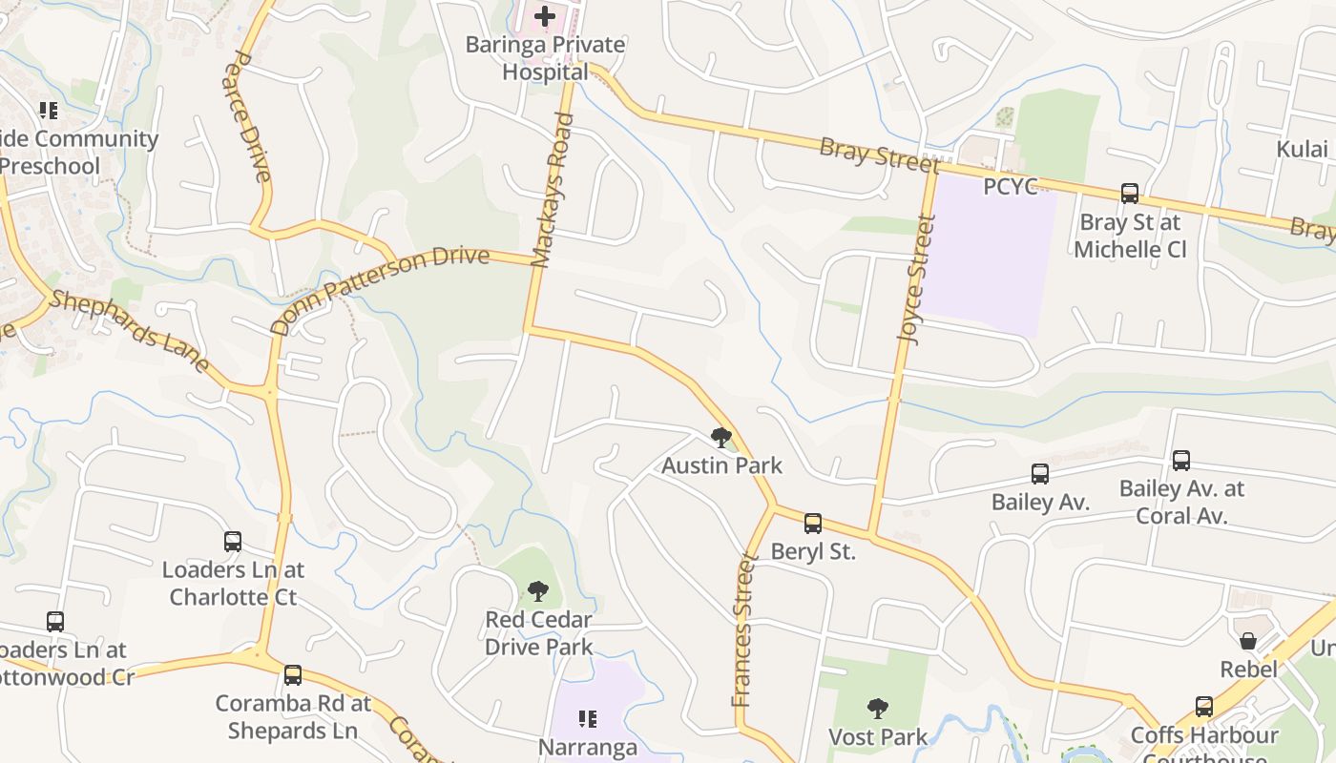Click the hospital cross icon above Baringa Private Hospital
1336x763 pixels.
pos(544,16)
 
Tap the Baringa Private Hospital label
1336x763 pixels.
pos(545,58)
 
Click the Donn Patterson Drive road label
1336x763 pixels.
pos(379,289)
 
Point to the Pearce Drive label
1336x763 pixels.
pos(248,115)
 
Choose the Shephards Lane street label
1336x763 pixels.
pos(129,330)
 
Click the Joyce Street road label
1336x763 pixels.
pos(915,279)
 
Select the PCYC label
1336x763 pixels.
pos(1010,186)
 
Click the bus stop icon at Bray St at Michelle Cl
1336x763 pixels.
pos(1130,194)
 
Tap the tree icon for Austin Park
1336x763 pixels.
pos(721,438)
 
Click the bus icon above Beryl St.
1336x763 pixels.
pos(812,524)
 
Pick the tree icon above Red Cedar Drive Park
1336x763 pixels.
pos(538,591)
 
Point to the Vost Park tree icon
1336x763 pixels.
pos(877,709)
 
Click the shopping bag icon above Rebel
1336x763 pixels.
pos(1247,641)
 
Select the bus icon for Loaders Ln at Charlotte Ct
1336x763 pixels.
pos(233,542)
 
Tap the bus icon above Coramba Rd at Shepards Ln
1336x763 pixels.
pos(292,675)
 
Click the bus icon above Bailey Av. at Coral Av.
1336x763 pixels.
pos(1181,461)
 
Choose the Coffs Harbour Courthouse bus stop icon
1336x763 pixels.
pos(1204,707)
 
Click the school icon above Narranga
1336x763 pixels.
pos(587,718)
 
